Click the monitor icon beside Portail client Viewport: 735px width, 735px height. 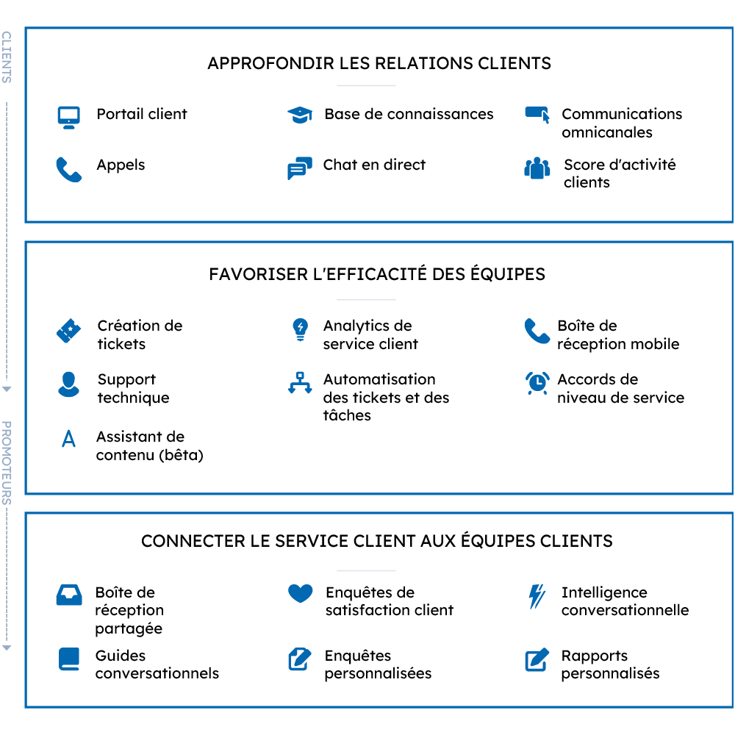point(68,118)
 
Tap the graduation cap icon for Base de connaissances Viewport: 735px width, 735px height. point(300,115)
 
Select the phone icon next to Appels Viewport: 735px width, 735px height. point(69,169)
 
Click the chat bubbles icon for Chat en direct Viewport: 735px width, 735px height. point(300,168)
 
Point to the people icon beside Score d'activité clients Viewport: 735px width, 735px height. point(537,168)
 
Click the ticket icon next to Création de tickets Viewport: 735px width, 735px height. point(68,331)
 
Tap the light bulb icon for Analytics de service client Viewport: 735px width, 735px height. point(300,330)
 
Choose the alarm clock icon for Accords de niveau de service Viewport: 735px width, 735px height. point(537,383)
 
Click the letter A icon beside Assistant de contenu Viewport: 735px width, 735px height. point(69,438)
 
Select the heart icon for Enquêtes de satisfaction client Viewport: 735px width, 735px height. point(301,593)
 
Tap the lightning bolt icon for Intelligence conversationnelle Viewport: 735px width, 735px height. point(537,596)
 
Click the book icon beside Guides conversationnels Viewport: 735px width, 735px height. point(69,659)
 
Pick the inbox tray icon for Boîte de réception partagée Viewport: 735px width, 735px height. point(69,595)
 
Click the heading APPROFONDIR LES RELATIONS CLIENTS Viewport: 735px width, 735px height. point(379,63)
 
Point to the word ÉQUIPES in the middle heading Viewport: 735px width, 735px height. point(508,273)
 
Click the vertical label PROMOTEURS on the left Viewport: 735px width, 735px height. point(6,462)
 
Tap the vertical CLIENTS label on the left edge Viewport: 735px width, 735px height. point(6,57)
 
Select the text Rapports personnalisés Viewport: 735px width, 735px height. point(610,664)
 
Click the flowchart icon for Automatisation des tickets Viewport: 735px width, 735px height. point(300,382)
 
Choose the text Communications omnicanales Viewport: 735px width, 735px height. point(622,123)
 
